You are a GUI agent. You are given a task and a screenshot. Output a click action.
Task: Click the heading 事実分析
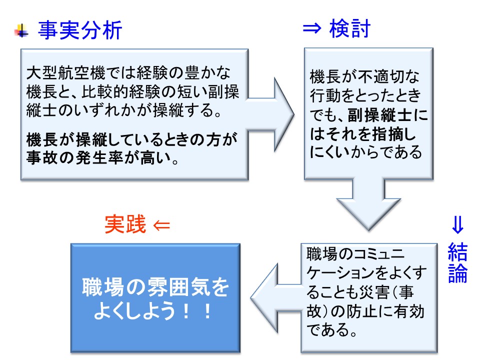click(80, 31)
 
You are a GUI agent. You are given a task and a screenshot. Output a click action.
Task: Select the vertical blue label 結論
click(457, 263)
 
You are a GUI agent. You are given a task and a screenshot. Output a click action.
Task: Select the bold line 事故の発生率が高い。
click(102, 159)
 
